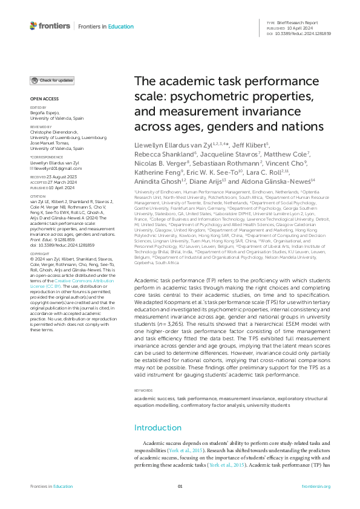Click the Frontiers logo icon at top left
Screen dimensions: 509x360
point(33,25)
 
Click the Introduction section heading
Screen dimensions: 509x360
point(157,428)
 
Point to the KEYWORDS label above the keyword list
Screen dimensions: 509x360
point(143,392)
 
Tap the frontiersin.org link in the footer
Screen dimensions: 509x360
point(315,487)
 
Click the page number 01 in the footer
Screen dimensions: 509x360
point(180,487)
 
